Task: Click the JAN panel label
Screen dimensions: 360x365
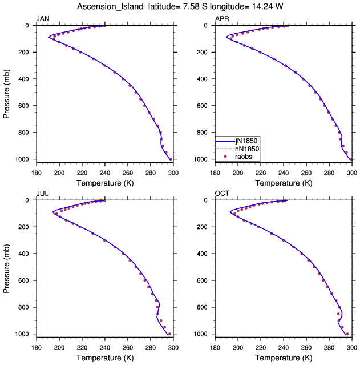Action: [43, 19]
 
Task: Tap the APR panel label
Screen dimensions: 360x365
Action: [222, 19]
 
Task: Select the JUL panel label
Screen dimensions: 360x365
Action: [43, 194]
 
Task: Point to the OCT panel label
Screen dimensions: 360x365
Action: [222, 194]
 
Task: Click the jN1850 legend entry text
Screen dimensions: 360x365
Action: [246, 141]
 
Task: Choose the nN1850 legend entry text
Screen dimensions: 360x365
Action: [247, 149]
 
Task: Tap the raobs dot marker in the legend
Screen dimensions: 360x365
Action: [225, 157]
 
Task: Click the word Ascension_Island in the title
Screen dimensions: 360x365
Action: [110, 6]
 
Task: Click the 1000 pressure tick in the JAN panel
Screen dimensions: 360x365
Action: [22, 159]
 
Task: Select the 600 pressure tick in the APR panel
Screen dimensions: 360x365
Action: [202, 106]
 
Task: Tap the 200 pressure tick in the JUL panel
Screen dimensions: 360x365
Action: [23, 227]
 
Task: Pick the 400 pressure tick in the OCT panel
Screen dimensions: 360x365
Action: [202, 254]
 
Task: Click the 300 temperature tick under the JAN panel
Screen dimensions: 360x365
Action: [173, 173]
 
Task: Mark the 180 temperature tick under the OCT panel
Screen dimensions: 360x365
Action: [215, 348]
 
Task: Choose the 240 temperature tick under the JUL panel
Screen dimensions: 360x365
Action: [105, 348]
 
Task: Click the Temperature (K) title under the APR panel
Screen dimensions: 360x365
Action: [284, 183]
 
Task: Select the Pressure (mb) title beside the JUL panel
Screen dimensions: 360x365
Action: [6, 268]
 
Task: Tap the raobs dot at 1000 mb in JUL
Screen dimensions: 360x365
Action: [169, 334]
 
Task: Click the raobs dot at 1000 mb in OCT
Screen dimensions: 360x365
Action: [347, 334]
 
